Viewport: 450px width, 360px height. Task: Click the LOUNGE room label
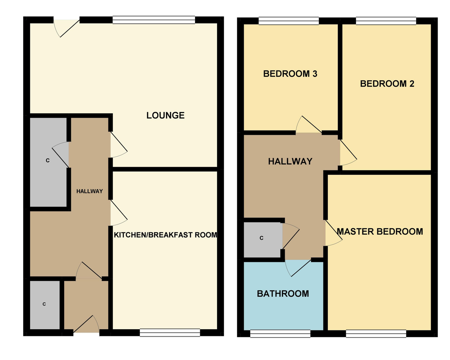coord(165,115)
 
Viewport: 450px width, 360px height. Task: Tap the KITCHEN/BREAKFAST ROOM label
coord(165,235)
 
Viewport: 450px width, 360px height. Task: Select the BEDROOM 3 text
coord(290,74)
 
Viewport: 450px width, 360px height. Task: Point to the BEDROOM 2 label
coord(387,84)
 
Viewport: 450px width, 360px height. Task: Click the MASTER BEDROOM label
coord(380,232)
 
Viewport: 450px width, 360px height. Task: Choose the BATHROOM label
coord(283,294)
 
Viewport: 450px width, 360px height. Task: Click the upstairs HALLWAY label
coord(290,162)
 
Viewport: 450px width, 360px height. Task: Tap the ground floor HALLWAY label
coord(90,191)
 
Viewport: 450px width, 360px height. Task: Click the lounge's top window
coord(154,20)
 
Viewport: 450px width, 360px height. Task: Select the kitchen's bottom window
coord(170,333)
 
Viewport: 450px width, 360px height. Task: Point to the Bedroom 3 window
coord(289,21)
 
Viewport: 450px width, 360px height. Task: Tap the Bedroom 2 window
coord(386,21)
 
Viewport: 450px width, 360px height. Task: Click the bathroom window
coord(280,334)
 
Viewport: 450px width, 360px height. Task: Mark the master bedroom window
coord(376,334)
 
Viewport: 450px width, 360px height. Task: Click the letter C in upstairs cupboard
coord(261,238)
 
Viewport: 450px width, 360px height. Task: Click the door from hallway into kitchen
coord(119,213)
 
